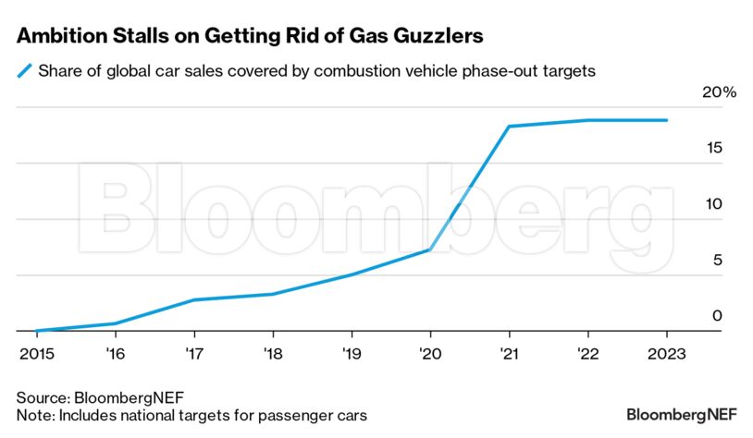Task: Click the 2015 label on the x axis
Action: click(36, 353)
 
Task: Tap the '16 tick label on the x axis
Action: click(115, 353)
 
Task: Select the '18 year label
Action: click(272, 353)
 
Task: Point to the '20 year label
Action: click(430, 353)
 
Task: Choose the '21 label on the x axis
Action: click(509, 353)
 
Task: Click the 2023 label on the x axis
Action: click(666, 353)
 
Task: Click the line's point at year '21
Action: click(509, 127)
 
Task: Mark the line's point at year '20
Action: click(430, 249)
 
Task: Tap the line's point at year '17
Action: click(193, 299)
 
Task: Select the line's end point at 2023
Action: click(666, 120)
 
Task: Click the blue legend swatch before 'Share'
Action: click(25, 70)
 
